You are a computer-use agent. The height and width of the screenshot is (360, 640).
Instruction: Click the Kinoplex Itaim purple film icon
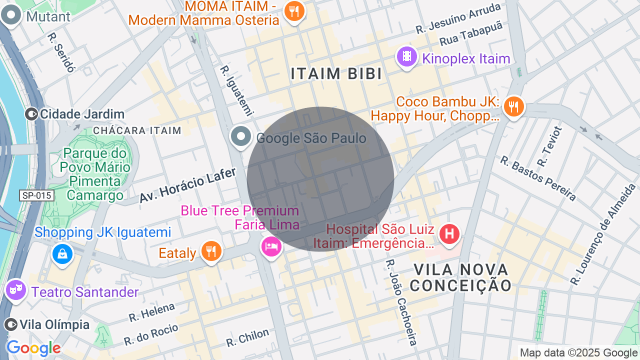[x=407, y=56]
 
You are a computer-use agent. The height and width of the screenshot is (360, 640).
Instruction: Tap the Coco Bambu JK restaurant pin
[x=513, y=106]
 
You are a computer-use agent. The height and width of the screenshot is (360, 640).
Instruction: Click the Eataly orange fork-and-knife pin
[x=211, y=250]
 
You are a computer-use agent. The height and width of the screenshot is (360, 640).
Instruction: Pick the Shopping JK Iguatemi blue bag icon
[x=62, y=254]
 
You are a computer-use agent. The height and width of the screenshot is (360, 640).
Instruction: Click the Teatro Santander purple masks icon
[x=16, y=289]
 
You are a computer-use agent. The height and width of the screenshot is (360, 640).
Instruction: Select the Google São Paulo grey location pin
[x=241, y=136]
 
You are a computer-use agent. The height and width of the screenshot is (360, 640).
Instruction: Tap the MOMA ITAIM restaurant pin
[x=294, y=10]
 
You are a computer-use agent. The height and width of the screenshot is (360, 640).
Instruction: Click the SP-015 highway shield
[x=37, y=195]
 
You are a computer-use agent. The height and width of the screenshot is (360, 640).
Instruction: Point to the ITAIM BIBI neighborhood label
[x=336, y=74]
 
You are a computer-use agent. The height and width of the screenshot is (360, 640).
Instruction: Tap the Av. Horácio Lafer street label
[x=187, y=185]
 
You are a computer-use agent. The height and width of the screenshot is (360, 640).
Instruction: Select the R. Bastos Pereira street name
[x=538, y=178]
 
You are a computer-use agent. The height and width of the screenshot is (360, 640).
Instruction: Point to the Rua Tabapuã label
[x=470, y=36]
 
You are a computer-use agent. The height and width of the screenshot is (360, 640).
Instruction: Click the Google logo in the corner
[x=33, y=348]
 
